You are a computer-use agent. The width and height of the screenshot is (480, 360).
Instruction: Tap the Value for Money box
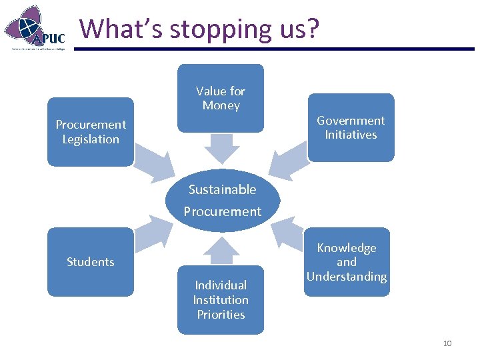pos(221,98)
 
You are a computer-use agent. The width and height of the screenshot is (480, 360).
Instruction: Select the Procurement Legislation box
pos(91,131)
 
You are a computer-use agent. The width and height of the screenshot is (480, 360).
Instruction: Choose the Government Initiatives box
pos(351,127)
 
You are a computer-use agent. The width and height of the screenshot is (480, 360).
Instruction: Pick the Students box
pos(91,261)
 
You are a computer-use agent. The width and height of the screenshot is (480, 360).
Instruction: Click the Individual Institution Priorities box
pos(221,299)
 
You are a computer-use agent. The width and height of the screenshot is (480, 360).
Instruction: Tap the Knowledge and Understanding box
pos(347,262)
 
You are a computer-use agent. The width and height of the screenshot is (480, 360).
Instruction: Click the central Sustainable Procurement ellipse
pos(223,200)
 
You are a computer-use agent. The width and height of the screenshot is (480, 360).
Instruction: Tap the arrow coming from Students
pos(152,233)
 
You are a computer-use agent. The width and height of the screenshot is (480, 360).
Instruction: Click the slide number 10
pos(447,343)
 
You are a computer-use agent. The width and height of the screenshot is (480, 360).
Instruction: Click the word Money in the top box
pos(221,105)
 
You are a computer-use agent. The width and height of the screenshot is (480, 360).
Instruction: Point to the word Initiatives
pos(351,135)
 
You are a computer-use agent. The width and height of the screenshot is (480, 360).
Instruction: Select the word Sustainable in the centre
pos(222,189)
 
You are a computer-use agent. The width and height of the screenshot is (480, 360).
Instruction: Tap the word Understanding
pos(347,277)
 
